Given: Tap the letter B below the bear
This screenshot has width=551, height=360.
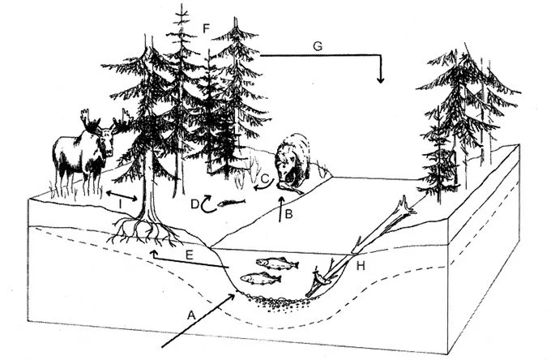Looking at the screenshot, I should click(x=289, y=213).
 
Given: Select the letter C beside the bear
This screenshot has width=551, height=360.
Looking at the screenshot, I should click(x=264, y=179).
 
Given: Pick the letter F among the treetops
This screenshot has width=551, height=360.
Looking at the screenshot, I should click(x=207, y=29).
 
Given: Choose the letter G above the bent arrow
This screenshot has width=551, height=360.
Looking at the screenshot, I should click(x=318, y=47).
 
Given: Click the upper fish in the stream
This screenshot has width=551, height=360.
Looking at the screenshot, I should click(x=274, y=263).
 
